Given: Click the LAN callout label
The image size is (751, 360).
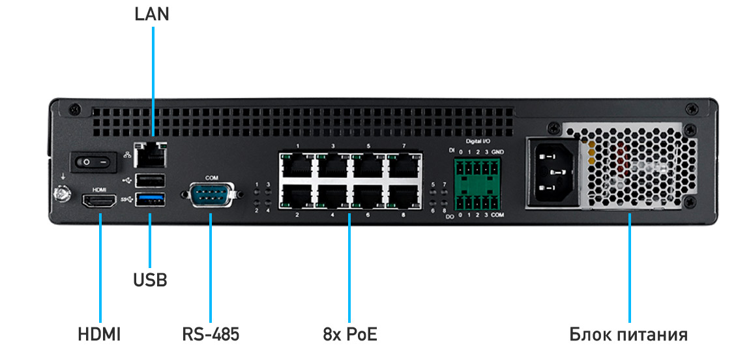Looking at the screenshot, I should pyautogui.click(x=151, y=14).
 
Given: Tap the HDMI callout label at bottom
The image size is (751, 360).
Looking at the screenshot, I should pyautogui.click(x=99, y=335).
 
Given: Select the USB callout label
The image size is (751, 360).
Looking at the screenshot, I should pyautogui.click(x=150, y=280).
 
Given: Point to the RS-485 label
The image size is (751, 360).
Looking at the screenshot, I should pyautogui.click(x=211, y=335).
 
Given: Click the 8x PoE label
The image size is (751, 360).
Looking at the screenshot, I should pyautogui.click(x=349, y=335).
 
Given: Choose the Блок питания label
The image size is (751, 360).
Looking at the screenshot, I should pyautogui.click(x=628, y=335).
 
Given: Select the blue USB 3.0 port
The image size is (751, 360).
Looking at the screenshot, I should pyautogui.click(x=151, y=200).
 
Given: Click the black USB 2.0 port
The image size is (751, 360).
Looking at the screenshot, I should pyautogui.click(x=151, y=180).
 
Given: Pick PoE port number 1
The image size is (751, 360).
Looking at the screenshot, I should pyautogui.click(x=297, y=166).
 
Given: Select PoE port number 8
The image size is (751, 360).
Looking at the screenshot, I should pyautogui.click(x=403, y=197).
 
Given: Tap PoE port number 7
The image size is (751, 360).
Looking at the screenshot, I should pyautogui.click(x=403, y=166).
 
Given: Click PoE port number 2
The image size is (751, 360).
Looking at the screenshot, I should pyautogui.click(x=297, y=197).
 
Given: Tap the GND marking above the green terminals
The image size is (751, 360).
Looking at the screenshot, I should pyautogui.click(x=497, y=152).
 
